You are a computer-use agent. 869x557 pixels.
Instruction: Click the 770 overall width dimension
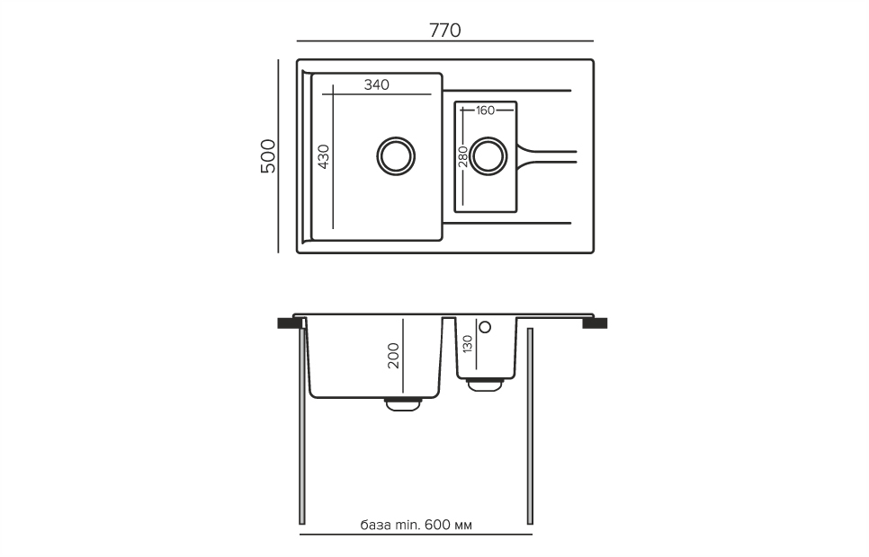[444, 30]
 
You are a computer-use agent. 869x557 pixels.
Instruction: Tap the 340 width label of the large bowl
[377, 85]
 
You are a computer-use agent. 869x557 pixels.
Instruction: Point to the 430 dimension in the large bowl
[324, 157]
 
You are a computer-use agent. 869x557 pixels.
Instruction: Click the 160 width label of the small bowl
[486, 111]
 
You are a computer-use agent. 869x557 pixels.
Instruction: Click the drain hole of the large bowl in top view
[395, 155]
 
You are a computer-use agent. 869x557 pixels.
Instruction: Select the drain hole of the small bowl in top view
[488, 155]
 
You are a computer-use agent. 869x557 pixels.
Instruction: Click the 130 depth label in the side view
[467, 344]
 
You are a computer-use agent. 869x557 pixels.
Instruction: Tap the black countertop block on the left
[290, 323]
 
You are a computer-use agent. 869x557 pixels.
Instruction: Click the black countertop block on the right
[596, 323]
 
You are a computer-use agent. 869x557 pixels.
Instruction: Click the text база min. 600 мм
[416, 525]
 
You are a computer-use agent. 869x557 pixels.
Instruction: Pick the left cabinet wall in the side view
[302, 427]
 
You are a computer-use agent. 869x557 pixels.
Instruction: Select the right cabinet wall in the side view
[531, 427]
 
